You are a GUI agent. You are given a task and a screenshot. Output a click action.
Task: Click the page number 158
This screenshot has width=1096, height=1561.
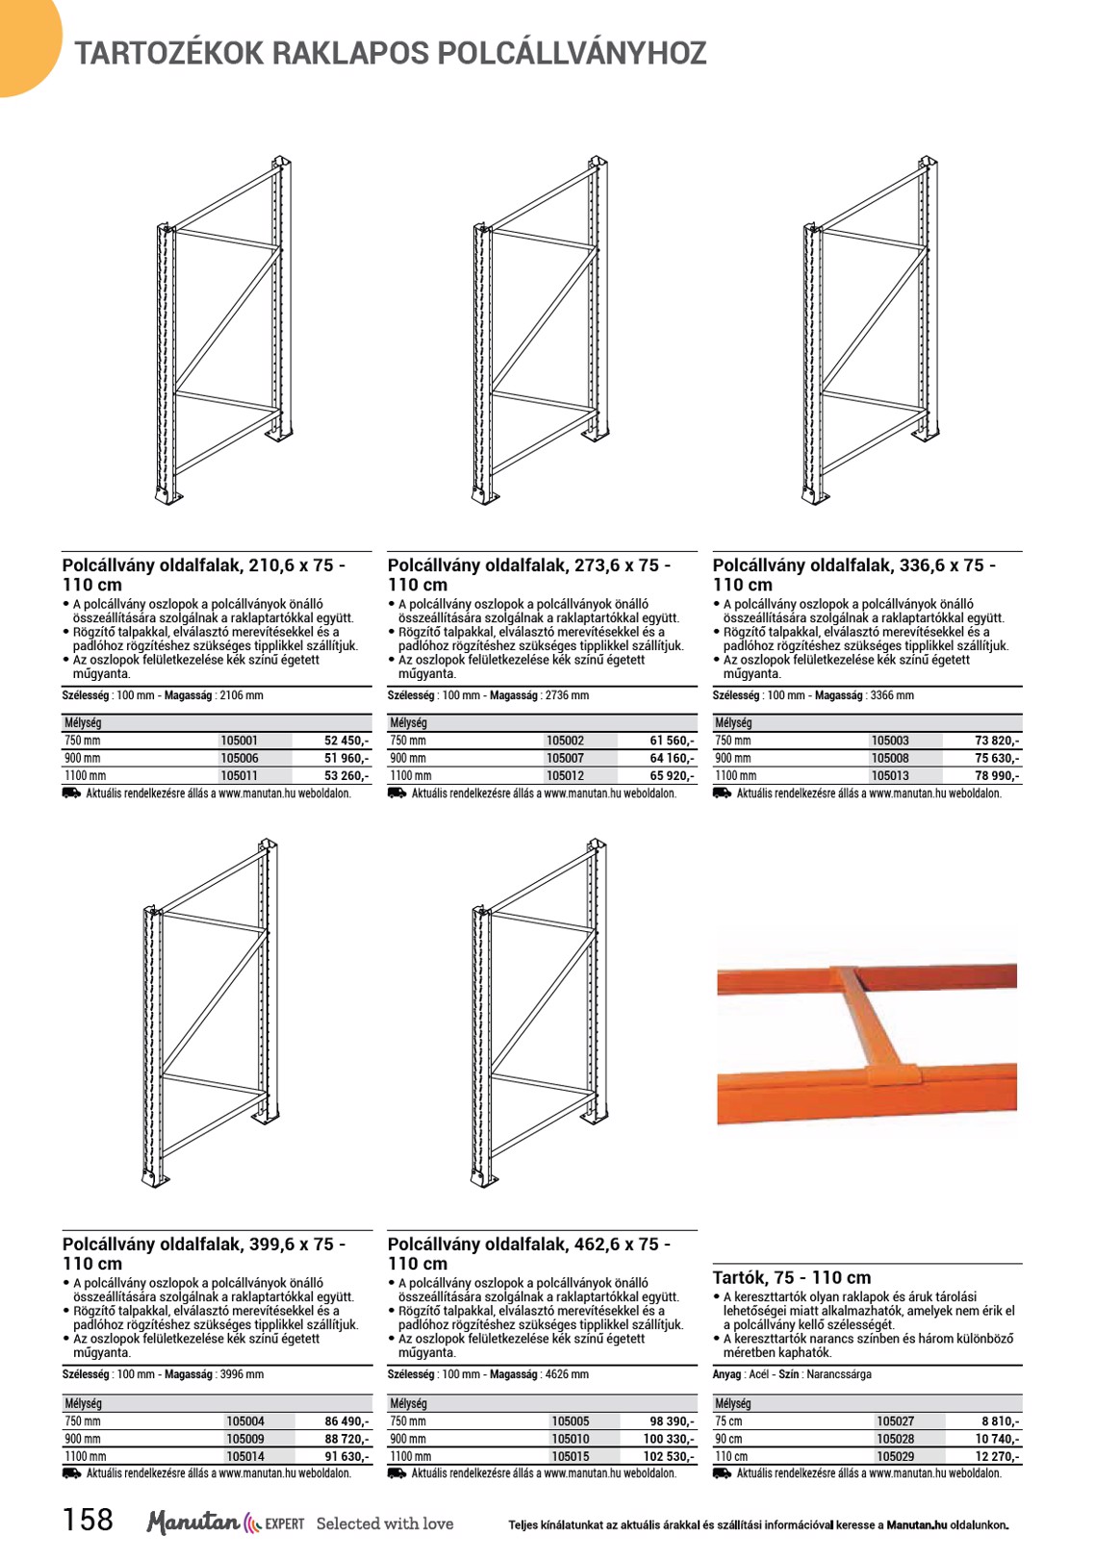(x=88, y=1521)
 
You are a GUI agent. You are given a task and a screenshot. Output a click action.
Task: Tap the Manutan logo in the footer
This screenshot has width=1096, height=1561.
(x=192, y=1523)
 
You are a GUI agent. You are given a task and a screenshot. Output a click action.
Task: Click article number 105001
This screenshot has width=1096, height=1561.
(x=240, y=742)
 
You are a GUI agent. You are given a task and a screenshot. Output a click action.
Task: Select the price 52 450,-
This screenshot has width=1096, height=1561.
(x=346, y=742)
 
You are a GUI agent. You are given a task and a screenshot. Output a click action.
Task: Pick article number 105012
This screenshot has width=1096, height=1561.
(x=565, y=776)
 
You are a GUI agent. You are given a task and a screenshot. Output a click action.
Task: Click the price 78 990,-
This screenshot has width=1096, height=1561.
(x=997, y=776)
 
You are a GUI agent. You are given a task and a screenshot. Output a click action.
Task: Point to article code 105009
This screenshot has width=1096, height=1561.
(x=245, y=1440)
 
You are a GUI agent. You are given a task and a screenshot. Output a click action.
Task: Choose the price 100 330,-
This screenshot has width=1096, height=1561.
(x=668, y=1440)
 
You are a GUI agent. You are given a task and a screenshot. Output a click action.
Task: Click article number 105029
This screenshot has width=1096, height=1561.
(x=895, y=1457)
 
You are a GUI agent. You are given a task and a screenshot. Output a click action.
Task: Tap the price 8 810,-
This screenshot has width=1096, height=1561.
(x=1000, y=1422)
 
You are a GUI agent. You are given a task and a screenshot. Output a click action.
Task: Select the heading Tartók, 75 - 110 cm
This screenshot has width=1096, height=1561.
(x=791, y=1278)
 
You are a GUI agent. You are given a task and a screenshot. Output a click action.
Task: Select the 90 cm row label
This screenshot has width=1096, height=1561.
(x=728, y=1440)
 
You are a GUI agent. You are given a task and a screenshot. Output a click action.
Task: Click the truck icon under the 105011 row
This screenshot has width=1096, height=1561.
(x=71, y=793)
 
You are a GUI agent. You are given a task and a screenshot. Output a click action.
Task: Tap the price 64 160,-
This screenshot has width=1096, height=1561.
(x=671, y=759)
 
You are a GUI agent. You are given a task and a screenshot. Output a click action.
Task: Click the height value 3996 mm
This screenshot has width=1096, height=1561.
(x=242, y=1375)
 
